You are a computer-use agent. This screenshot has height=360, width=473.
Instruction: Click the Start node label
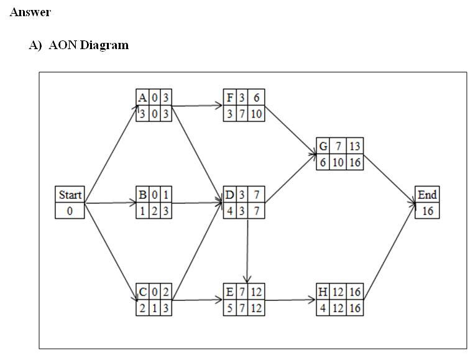coord(70,195)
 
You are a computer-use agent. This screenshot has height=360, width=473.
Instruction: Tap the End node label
coord(427,195)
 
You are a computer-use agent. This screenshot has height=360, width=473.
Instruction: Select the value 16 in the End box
coord(427,211)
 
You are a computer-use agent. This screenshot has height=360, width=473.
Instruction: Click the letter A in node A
coord(142,98)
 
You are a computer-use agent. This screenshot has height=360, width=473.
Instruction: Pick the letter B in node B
coord(142,195)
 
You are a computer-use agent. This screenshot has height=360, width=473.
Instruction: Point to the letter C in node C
coord(142,292)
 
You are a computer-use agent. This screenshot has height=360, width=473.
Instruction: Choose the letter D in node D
coord(229,195)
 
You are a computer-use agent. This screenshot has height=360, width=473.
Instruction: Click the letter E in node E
coord(229,292)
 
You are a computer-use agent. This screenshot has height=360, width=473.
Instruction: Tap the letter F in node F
coord(229,98)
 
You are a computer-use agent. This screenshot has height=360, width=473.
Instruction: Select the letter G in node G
coord(323,146)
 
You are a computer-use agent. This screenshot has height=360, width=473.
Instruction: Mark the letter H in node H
coord(323,292)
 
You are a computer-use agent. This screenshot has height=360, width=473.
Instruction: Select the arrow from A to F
coord(197,106)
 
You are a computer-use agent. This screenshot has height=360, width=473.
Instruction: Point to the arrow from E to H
coord(290,300)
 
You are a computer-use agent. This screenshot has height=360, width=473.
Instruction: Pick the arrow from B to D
coord(197,203)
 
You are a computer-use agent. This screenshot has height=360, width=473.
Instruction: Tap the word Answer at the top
coord(30,12)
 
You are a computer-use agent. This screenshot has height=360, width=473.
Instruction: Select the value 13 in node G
coord(354,146)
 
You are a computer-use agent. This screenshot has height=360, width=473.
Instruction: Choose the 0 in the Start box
coord(70,211)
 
